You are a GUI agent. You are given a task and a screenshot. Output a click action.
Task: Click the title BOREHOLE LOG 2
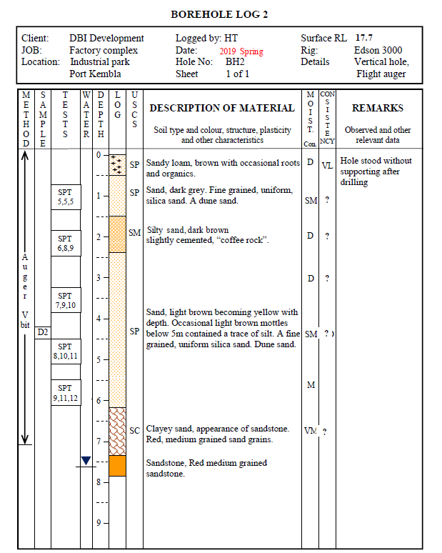(220, 14)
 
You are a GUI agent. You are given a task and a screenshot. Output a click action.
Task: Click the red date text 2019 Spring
(241, 51)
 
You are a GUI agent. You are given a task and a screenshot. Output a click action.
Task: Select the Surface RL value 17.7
(365, 38)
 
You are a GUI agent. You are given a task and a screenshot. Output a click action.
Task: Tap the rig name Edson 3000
(378, 50)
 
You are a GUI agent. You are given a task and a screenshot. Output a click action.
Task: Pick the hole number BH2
(235, 62)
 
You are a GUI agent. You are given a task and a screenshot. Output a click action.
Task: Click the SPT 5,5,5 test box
(66, 197)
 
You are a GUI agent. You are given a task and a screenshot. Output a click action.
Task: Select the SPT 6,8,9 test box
(66, 243)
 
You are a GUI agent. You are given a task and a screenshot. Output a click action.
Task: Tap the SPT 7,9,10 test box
(66, 301)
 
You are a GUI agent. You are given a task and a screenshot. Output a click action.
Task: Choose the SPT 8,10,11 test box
(66, 351)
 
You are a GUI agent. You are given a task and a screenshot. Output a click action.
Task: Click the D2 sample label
(43, 332)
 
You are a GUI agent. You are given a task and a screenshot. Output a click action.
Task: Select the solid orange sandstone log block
(118, 465)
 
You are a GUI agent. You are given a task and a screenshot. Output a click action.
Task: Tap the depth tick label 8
(99, 482)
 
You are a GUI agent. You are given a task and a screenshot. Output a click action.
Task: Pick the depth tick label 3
(99, 277)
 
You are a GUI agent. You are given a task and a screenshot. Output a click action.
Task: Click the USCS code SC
(134, 430)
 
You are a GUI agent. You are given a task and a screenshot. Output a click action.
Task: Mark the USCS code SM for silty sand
(134, 232)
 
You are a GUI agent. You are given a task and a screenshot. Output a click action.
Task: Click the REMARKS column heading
(378, 109)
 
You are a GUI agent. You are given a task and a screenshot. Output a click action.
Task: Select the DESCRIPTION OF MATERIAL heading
(221, 109)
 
